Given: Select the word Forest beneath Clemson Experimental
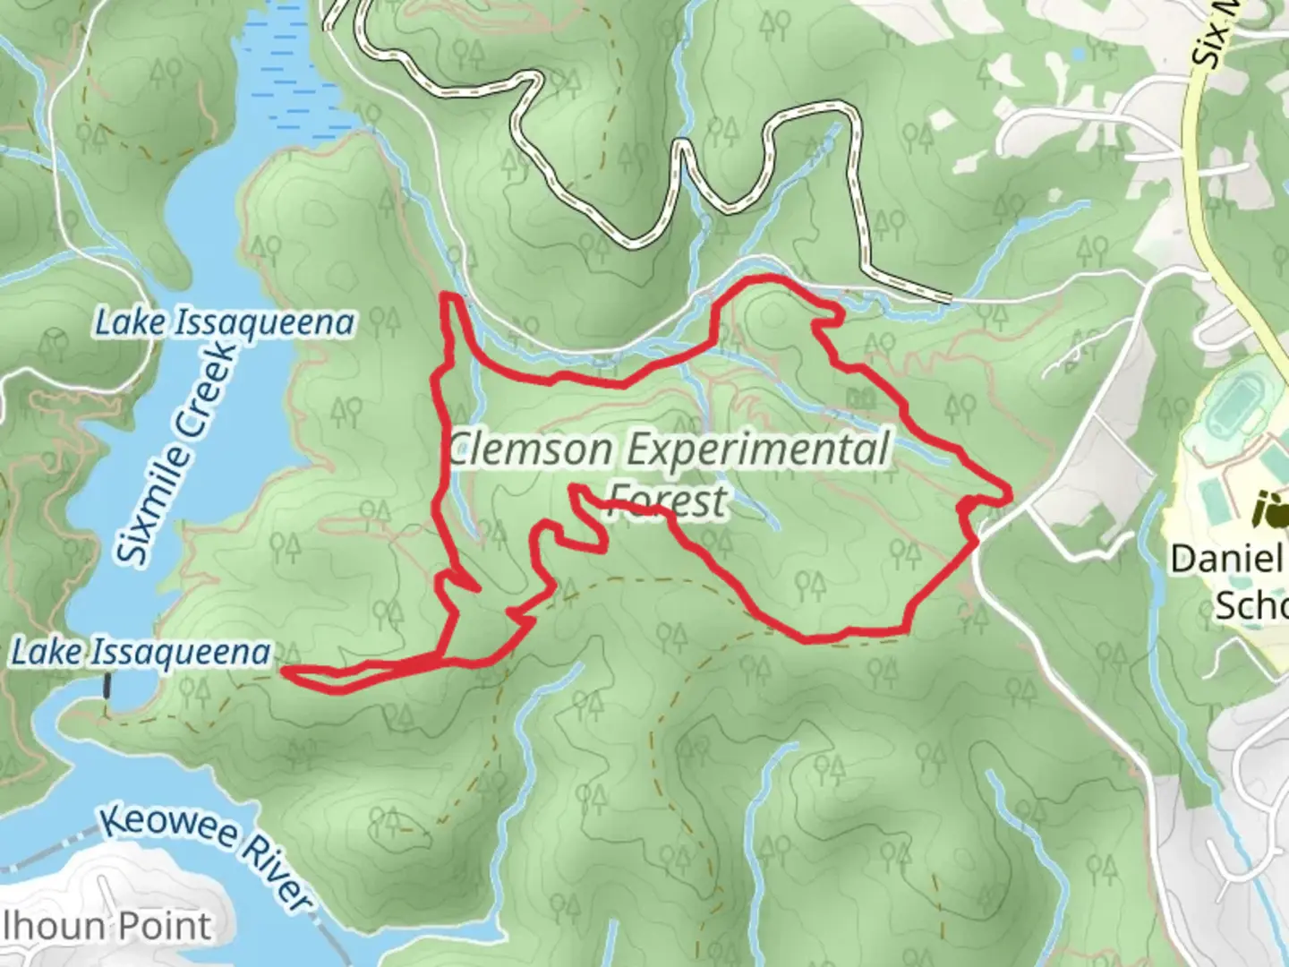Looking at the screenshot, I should [x=667, y=501].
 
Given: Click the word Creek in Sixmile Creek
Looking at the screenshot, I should [x=209, y=385].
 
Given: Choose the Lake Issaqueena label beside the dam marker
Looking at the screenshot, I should [x=141, y=653].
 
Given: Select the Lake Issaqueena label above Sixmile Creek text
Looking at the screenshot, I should [x=225, y=322].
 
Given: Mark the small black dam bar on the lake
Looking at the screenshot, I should [x=107, y=687].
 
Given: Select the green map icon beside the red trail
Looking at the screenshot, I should [x=861, y=396].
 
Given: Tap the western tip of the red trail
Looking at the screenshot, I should [x=285, y=669].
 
